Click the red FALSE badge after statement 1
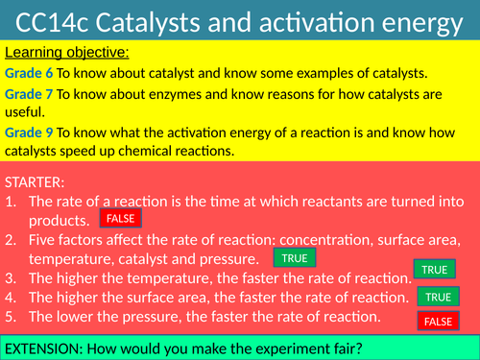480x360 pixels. (120, 218)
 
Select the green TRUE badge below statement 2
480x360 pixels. (295, 259)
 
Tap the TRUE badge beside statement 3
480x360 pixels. (434, 270)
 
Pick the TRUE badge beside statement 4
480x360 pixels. (437, 297)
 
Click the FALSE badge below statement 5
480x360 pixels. (438, 322)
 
